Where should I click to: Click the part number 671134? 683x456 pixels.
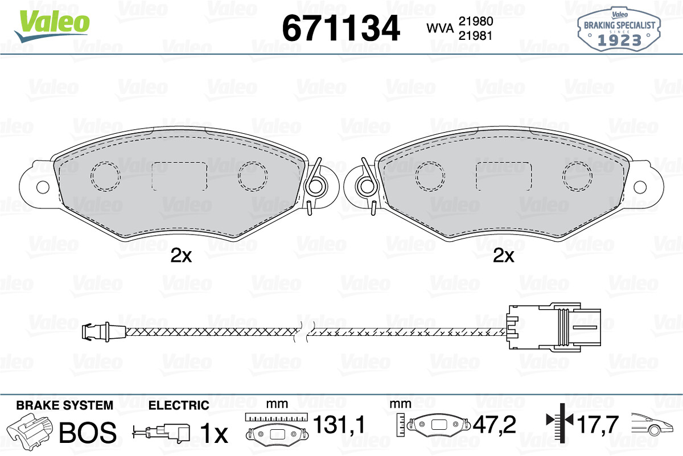[341, 28]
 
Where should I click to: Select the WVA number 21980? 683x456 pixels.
[476, 22]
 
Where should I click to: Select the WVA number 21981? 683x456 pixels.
[476, 36]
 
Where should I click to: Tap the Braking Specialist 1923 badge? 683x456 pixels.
[619, 30]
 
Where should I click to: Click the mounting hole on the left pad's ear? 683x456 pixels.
[43, 187]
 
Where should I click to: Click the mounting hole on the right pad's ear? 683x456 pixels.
[640, 187]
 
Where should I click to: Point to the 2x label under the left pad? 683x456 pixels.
[181, 255]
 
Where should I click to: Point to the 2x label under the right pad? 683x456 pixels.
[503, 255]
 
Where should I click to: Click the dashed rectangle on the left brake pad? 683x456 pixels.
[180, 176]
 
